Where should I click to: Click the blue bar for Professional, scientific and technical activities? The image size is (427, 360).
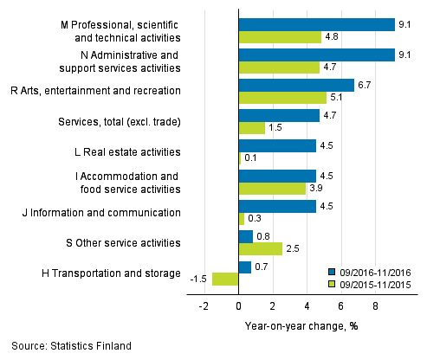click(x=316, y=24)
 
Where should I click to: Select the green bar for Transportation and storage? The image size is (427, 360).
click(x=225, y=279)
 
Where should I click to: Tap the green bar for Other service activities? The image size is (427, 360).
click(x=260, y=248)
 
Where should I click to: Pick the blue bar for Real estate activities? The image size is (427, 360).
click(x=277, y=145)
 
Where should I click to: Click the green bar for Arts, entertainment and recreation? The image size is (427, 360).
click(x=282, y=97)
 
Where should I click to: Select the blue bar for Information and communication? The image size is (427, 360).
click(x=277, y=206)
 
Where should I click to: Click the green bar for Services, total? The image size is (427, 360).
click(x=251, y=127)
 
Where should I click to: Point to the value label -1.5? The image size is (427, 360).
click(x=198, y=279)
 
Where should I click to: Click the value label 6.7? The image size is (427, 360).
click(x=366, y=85)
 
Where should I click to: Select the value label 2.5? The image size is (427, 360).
click(x=293, y=248)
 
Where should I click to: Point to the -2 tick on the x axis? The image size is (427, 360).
click(x=204, y=305)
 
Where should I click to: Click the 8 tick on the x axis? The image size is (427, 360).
click(x=375, y=305)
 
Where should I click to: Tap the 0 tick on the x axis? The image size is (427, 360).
click(x=238, y=305)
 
